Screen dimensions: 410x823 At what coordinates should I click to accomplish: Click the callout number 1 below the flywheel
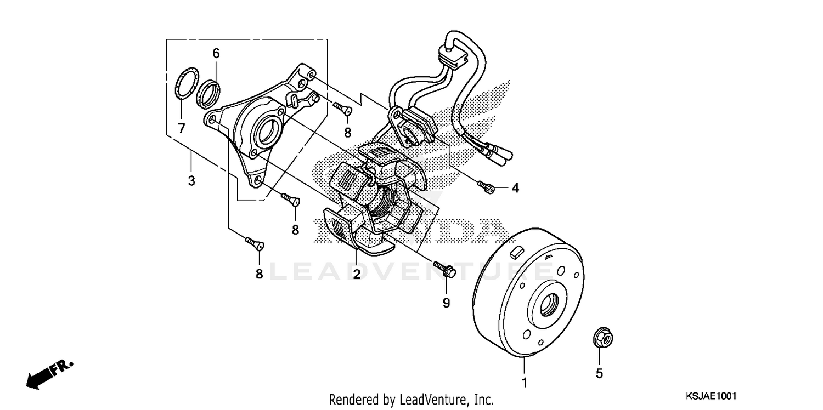pyautogui.click(x=524, y=383)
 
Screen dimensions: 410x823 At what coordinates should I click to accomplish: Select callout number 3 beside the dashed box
pyautogui.click(x=191, y=180)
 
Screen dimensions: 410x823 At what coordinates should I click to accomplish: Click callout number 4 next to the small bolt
pyautogui.click(x=515, y=189)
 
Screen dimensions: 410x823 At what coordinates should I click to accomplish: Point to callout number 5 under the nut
pyautogui.click(x=599, y=373)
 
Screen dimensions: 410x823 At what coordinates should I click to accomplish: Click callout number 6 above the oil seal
pyautogui.click(x=216, y=53)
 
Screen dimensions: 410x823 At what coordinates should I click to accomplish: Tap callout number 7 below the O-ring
pyautogui.click(x=181, y=128)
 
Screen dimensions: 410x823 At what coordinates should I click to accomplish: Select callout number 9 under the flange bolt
pyautogui.click(x=446, y=301)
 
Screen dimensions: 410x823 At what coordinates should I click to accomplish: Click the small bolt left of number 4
pyautogui.click(x=486, y=187)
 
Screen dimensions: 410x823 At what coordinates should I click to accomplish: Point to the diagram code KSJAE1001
pyautogui.click(x=710, y=396)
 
